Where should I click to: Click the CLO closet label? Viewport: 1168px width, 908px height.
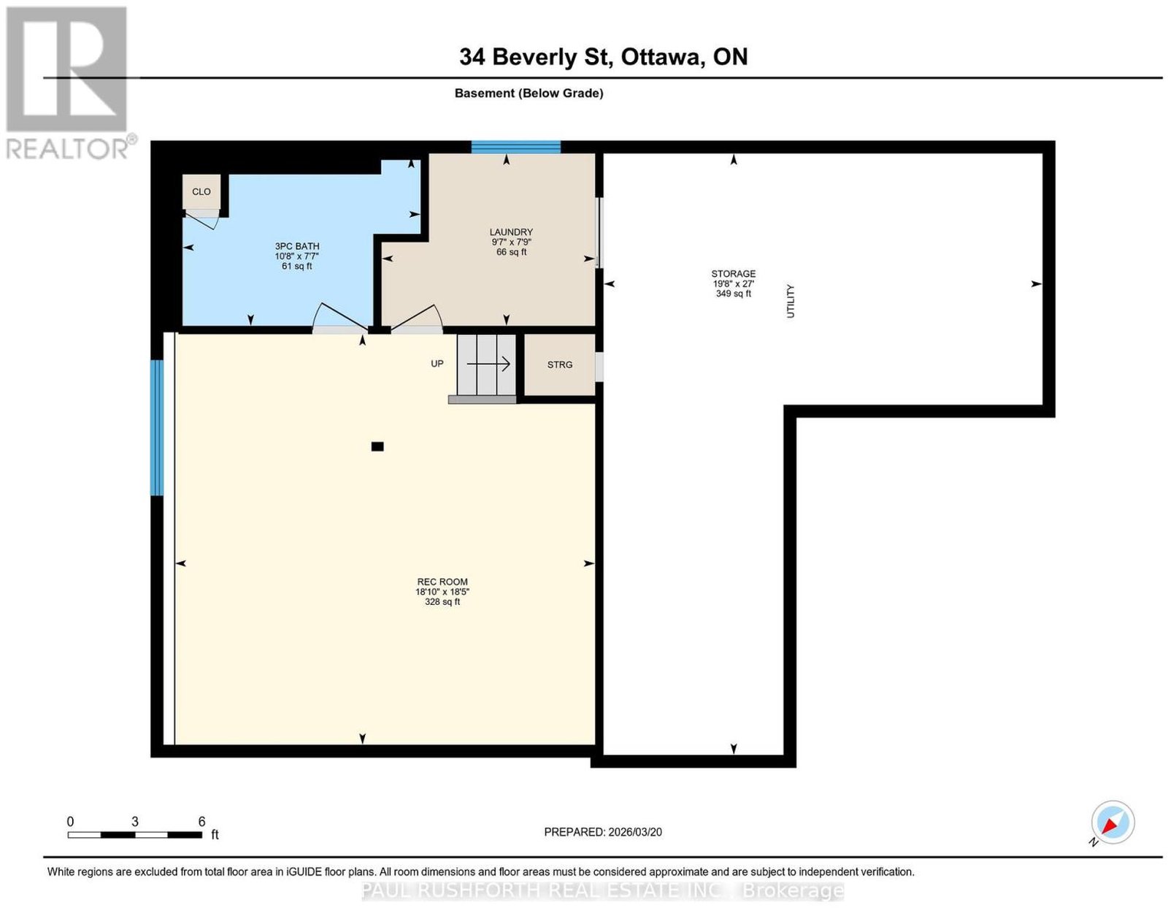(x=201, y=192)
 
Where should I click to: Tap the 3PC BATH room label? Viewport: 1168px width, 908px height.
(x=296, y=246)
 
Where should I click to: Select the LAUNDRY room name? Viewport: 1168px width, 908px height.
(x=510, y=232)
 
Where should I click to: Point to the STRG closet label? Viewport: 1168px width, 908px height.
(x=559, y=365)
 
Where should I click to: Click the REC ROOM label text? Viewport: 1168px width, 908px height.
(x=442, y=582)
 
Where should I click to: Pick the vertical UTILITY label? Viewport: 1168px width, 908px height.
(x=790, y=301)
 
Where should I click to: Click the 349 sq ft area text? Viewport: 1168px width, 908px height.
(x=733, y=294)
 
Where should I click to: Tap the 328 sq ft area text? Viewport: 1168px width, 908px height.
(x=442, y=602)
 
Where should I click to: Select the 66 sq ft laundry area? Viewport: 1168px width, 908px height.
(x=511, y=252)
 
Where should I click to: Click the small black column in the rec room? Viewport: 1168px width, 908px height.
(x=377, y=446)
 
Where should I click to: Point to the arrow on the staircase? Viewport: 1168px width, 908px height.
(x=488, y=365)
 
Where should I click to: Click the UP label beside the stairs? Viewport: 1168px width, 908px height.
(x=437, y=364)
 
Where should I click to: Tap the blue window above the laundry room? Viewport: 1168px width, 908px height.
(x=516, y=147)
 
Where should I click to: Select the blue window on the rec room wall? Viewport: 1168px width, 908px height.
(x=156, y=427)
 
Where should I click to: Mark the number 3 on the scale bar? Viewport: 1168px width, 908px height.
(x=135, y=822)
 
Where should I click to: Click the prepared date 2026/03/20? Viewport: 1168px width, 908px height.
(x=635, y=832)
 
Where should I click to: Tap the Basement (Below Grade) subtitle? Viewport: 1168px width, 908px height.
(x=529, y=94)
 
